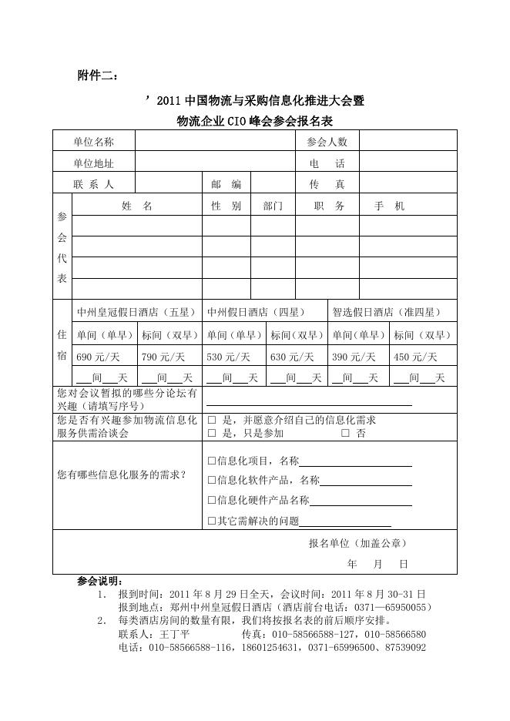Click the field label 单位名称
94,142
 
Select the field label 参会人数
327,142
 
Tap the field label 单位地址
94,163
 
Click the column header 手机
389,206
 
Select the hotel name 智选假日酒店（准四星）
387,312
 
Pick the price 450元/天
415,357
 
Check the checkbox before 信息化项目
212,461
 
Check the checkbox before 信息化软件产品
212,480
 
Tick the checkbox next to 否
345,433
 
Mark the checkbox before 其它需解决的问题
212,521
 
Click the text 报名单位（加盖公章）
357,543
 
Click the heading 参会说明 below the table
100,580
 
